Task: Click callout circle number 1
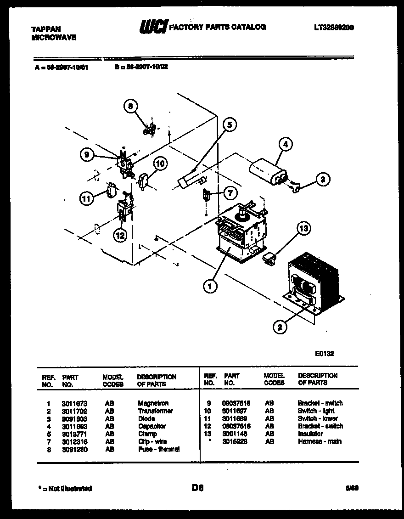[210, 287]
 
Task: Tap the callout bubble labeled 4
[285, 145]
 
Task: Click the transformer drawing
[312, 284]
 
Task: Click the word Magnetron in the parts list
[153, 403]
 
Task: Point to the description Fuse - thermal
[158, 449]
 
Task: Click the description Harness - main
[319, 441]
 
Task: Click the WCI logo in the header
[153, 28]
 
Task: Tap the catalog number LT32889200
[334, 28]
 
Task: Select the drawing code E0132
[324, 354]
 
